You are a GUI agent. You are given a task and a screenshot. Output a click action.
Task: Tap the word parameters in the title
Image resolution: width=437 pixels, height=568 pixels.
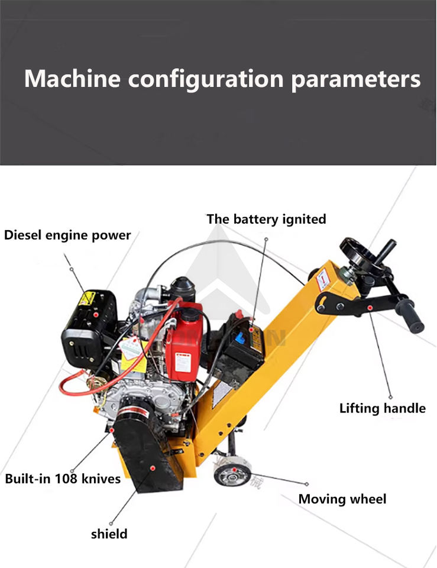pyautogui.click(x=355, y=79)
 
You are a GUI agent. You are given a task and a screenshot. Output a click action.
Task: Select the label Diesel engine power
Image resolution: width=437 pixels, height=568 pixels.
pyautogui.click(x=67, y=235)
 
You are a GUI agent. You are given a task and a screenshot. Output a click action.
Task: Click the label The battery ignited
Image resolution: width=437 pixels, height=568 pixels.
pyautogui.click(x=266, y=219)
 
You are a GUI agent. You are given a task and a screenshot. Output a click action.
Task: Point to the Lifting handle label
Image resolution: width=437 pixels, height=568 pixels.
pyautogui.click(x=382, y=408)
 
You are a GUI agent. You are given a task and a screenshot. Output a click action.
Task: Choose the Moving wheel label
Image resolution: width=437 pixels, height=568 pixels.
pyautogui.click(x=342, y=499)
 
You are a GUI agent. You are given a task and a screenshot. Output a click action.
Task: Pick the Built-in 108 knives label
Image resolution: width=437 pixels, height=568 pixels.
pyautogui.click(x=63, y=478)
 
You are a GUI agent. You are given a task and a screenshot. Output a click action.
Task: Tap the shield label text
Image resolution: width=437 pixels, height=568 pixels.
pyautogui.click(x=109, y=534)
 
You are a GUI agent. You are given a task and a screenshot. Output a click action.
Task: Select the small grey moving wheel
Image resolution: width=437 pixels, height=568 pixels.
pyautogui.click(x=232, y=472)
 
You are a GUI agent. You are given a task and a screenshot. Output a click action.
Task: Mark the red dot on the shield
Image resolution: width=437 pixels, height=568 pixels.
pyautogui.click(x=153, y=468)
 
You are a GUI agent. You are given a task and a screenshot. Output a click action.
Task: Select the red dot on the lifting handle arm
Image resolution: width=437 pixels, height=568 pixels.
pyautogui.click(x=370, y=307)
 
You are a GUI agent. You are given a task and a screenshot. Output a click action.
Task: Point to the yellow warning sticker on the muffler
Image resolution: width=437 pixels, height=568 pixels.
pyautogui.click(x=87, y=298)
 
